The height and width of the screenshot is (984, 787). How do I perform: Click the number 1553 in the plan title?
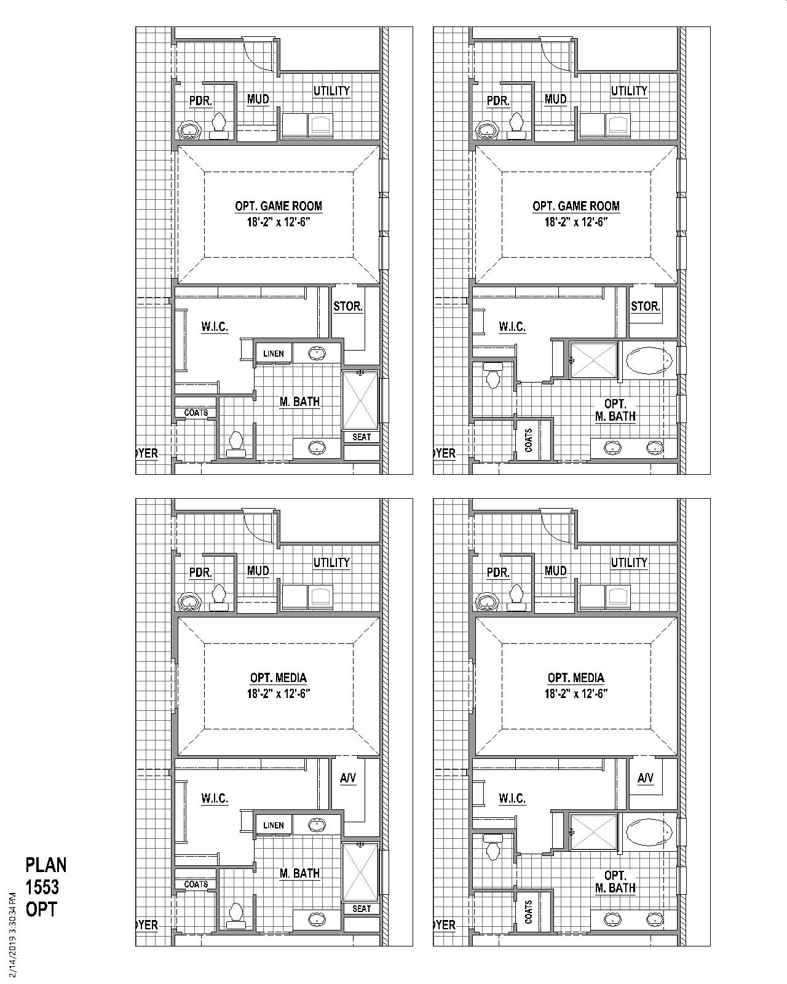tap(42, 887)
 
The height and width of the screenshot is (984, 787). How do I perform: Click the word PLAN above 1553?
tap(46, 865)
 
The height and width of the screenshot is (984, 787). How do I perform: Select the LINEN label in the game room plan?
tap(274, 354)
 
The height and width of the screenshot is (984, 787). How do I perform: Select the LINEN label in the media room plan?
tap(274, 825)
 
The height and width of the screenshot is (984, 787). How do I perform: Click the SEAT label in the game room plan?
tap(362, 437)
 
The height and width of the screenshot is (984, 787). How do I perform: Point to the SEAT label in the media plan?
tap(362, 909)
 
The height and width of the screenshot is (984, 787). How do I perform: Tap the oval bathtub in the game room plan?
tap(649, 360)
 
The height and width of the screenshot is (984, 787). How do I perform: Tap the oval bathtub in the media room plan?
tap(649, 832)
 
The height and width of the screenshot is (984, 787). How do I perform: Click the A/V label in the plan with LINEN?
tap(348, 778)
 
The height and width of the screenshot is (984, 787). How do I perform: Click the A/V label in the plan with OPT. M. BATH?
tap(646, 778)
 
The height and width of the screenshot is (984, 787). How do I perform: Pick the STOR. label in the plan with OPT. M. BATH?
tap(646, 306)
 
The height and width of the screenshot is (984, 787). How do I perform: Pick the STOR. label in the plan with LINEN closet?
tap(348, 306)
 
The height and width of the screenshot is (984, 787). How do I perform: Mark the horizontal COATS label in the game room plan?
tap(196, 413)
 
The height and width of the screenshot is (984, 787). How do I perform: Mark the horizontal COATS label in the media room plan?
tap(196, 884)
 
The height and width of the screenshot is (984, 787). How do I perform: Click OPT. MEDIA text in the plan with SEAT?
tap(279, 678)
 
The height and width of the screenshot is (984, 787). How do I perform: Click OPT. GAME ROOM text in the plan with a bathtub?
tap(576, 206)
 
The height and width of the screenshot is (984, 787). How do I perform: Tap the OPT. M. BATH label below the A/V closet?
tap(615, 881)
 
